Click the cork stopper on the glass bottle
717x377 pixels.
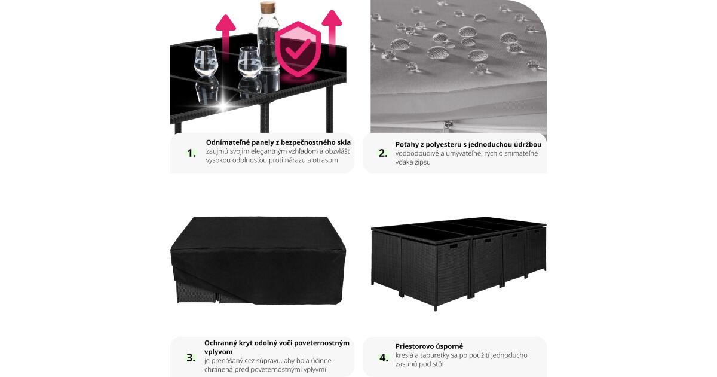coord(268,7)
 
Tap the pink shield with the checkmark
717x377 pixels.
coord(298,48)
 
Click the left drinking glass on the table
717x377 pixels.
coord(206,61)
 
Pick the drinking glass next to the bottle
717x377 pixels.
coord(250,62)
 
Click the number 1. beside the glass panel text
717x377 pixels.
coord(191,153)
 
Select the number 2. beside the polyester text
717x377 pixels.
coord(383,153)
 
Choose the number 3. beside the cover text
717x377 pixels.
coord(191,357)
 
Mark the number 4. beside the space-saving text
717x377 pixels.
coord(384,357)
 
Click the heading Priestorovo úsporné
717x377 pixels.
coord(429,346)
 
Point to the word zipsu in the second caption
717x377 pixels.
coord(422,162)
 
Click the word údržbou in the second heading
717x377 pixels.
coord(528,145)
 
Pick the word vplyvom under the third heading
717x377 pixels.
coord(219,352)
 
